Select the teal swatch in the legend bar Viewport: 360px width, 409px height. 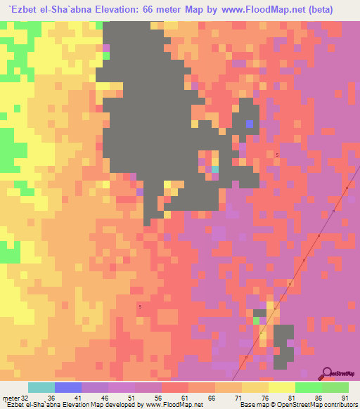coord(41,388)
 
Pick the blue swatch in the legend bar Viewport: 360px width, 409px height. coord(68,388)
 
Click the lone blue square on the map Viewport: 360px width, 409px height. coord(250,124)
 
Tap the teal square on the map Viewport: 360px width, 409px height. coord(215,169)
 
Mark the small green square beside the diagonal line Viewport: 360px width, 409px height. coord(256,320)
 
